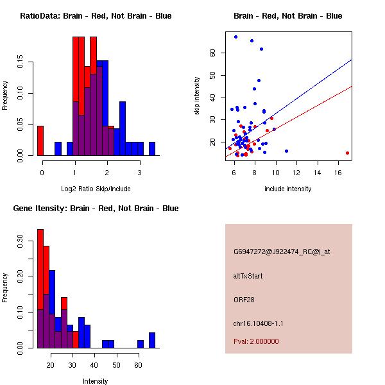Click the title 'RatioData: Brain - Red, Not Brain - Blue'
tap(96, 16)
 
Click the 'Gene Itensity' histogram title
tap(96, 209)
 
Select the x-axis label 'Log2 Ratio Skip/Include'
tap(96, 189)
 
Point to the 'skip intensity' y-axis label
tap(197, 96)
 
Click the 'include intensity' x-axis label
tap(288, 189)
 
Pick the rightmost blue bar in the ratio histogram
tap(152, 148)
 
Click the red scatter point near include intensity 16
tap(347, 153)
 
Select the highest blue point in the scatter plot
tap(236, 37)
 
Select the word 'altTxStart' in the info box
tap(248, 276)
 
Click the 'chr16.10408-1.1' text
tap(257, 323)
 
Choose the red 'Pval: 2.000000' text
tap(256, 341)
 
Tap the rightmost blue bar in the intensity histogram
tap(152, 340)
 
